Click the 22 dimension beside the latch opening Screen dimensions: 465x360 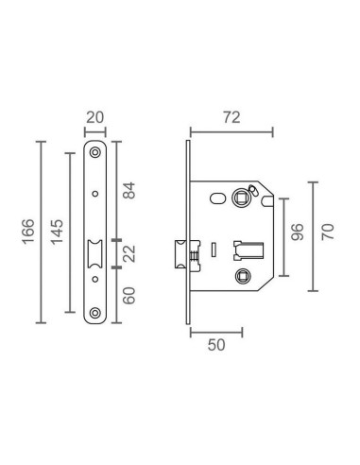pos(130,254)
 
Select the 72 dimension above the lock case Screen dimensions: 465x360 pos(231,117)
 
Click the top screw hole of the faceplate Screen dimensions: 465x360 pos(95,153)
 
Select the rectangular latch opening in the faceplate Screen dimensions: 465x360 pos(95,255)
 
